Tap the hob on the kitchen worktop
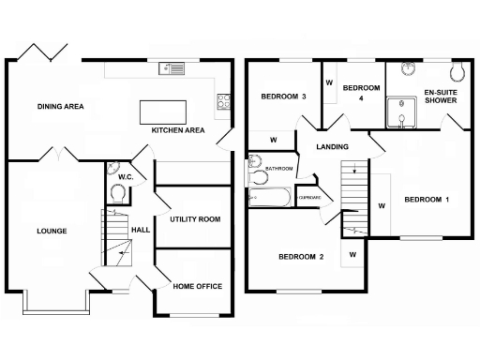225,101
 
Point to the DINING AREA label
61,107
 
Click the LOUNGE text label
52,230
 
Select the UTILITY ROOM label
195,218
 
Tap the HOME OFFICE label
197,286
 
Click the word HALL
141,230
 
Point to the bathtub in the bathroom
270,198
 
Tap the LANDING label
333,147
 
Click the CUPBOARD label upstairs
309,198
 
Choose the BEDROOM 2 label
301,257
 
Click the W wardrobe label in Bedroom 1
382,204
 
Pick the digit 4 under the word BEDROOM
361,98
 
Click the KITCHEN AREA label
178,131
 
